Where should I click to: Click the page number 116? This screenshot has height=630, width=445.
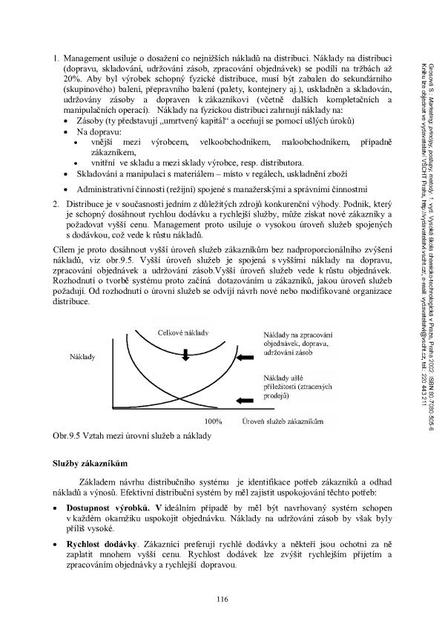click(x=222, y=599)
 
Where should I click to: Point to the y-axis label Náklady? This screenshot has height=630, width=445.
click(x=82, y=356)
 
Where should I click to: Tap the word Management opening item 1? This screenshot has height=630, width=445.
click(x=92, y=56)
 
